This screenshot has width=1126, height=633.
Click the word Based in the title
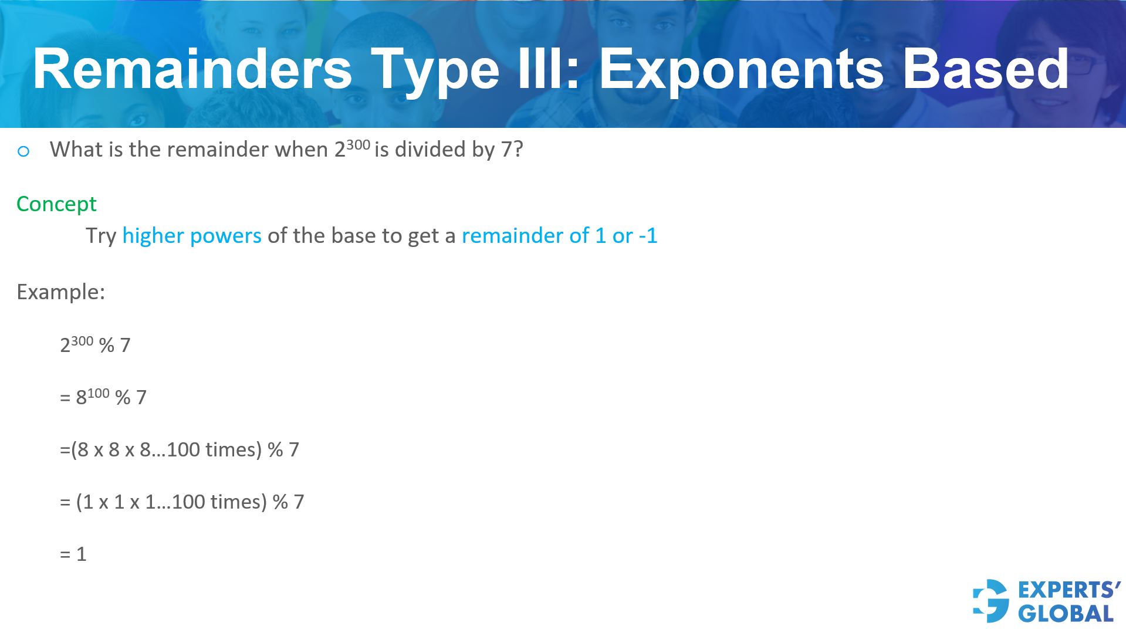tap(985, 70)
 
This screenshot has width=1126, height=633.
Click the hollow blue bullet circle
tap(23, 152)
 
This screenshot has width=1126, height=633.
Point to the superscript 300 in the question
tap(358, 145)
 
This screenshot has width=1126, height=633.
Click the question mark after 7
tap(518, 150)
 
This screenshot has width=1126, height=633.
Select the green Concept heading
tap(56, 204)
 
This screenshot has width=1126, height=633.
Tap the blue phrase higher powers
tap(192, 236)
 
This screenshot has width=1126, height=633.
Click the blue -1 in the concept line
tap(648, 236)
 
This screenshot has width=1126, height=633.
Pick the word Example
tap(60, 292)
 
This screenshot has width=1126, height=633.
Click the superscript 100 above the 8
tap(99, 393)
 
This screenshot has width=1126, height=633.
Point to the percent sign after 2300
tap(107, 346)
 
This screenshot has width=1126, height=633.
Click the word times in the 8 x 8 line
tap(230, 450)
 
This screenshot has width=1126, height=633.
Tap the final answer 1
tap(81, 554)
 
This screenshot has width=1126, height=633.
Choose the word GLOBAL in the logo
tap(1066, 614)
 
